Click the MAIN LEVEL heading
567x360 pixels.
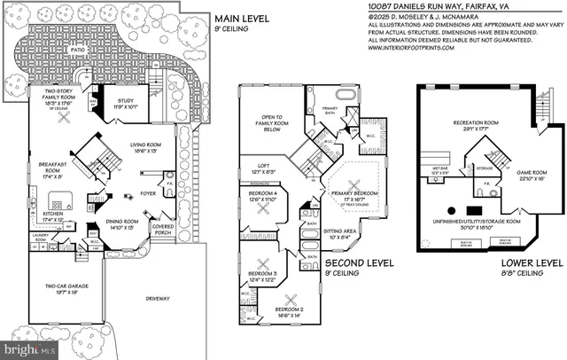pos(235,16)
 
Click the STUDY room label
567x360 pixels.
pos(125,103)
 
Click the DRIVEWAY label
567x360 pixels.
pos(157,298)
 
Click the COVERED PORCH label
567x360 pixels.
pos(164,227)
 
